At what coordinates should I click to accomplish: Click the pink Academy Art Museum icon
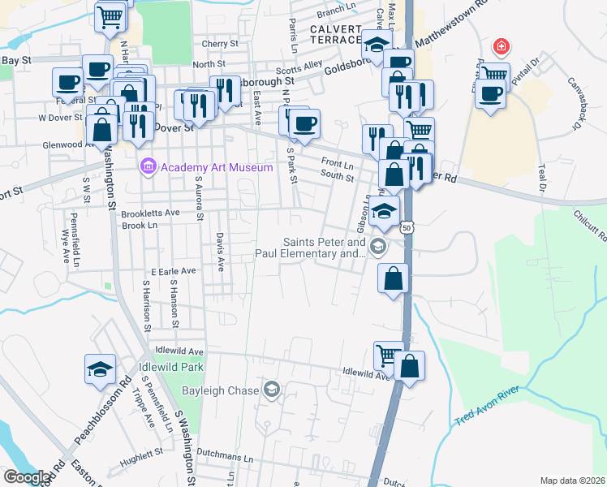pyautogui.click(x=147, y=167)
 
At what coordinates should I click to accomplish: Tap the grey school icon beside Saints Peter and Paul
pyautogui.click(x=377, y=245)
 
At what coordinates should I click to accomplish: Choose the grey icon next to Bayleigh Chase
pyautogui.click(x=271, y=390)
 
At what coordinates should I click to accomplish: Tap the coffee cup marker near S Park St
pyautogui.click(x=304, y=123)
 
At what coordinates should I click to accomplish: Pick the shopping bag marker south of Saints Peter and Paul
pyautogui.click(x=392, y=278)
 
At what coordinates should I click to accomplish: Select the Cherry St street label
pyautogui.click(x=220, y=44)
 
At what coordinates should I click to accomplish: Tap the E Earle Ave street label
pyautogui.click(x=174, y=270)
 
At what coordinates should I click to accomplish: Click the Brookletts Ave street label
pyautogui.click(x=149, y=213)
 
